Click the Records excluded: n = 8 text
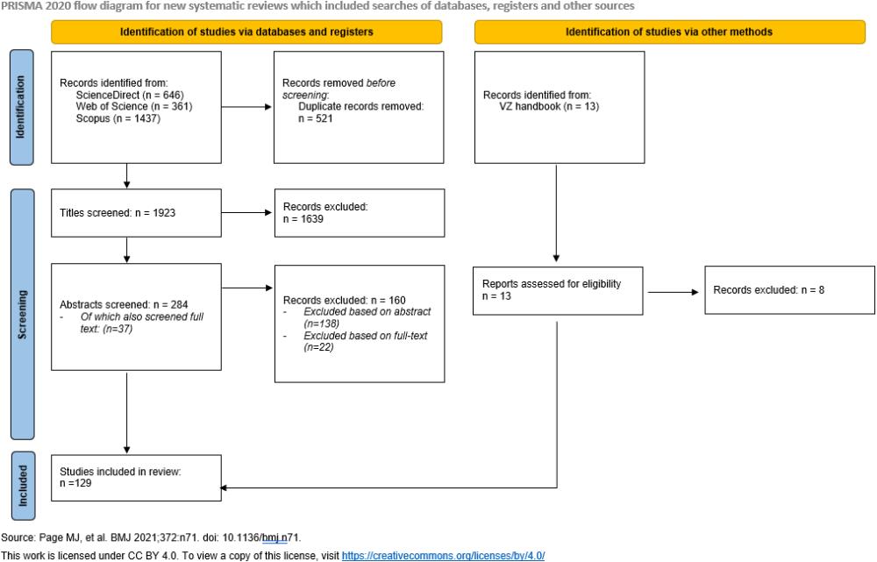767,289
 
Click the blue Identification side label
23,108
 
